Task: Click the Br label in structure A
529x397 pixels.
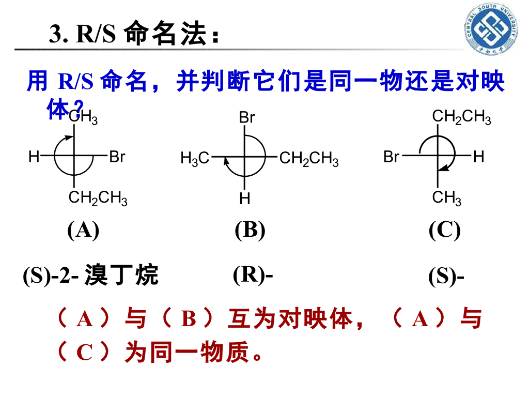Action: pyautogui.click(x=117, y=156)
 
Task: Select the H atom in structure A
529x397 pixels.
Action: pyautogui.click(x=34, y=156)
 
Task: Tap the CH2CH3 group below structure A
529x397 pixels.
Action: pyautogui.click(x=98, y=198)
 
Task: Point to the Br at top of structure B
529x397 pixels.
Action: pyautogui.click(x=246, y=118)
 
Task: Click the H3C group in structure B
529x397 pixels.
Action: pyautogui.click(x=195, y=159)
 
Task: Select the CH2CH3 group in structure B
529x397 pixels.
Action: pyautogui.click(x=309, y=159)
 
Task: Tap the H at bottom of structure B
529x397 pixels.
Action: pyautogui.click(x=244, y=198)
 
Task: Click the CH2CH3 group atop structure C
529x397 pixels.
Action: pyautogui.click(x=461, y=118)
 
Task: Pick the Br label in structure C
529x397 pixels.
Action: pyautogui.click(x=392, y=156)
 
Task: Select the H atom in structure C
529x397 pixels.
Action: pyautogui.click(x=478, y=156)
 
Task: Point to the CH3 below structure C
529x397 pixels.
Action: pyautogui.click(x=447, y=198)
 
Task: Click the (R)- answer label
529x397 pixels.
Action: pyautogui.click(x=253, y=274)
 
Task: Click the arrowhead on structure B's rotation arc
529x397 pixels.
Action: pyautogui.click(x=226, y=162)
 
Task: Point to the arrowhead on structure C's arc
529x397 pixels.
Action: pyautogui.click(x=440, y=169)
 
